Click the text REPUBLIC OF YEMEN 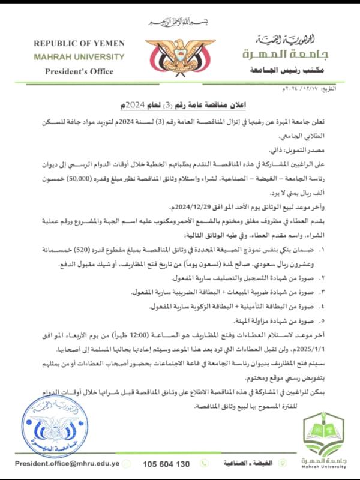79,44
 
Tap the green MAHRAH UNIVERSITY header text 79,57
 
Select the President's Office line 79,71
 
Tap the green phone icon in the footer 205,464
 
